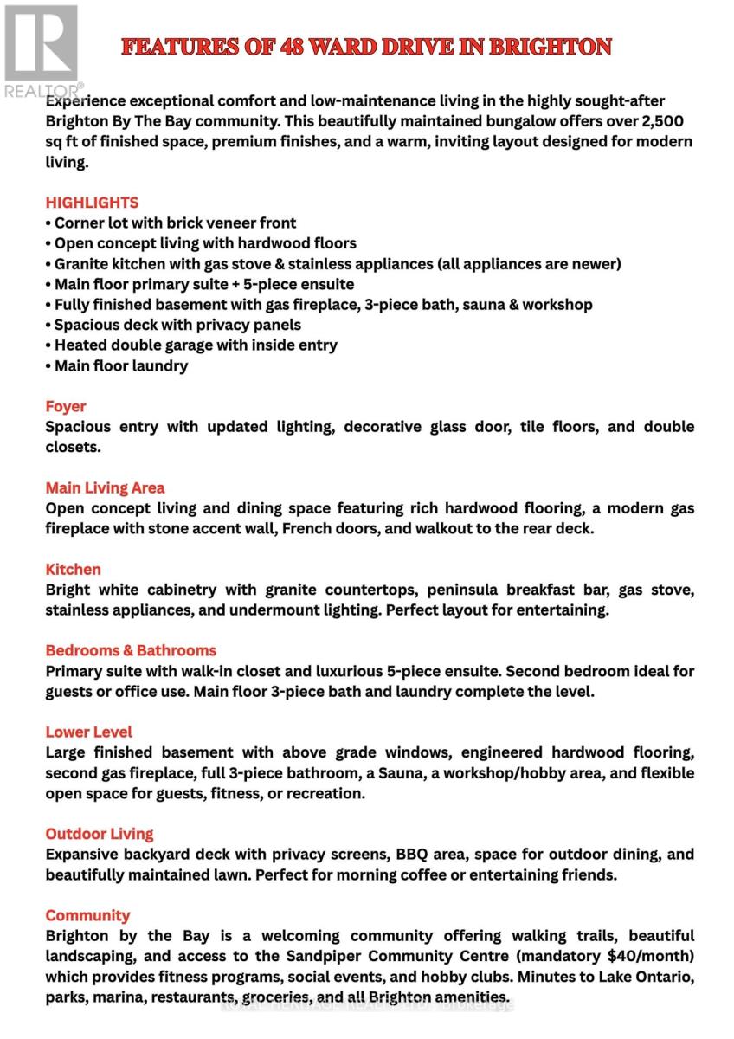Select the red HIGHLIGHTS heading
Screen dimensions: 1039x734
point(92,203)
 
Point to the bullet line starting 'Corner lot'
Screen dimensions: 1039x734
point(171,223)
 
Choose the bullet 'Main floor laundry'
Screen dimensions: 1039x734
point(117,365)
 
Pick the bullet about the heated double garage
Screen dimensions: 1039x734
point(191,345)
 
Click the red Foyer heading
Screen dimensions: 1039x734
point(66,406)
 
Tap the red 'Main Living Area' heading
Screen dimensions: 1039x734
point(105,487)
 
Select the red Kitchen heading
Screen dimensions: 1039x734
point(74,569)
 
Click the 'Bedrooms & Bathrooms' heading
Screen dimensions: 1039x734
point(131,650)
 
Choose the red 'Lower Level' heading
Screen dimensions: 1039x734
point(89,732)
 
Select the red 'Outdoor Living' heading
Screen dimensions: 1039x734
point(100,834)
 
